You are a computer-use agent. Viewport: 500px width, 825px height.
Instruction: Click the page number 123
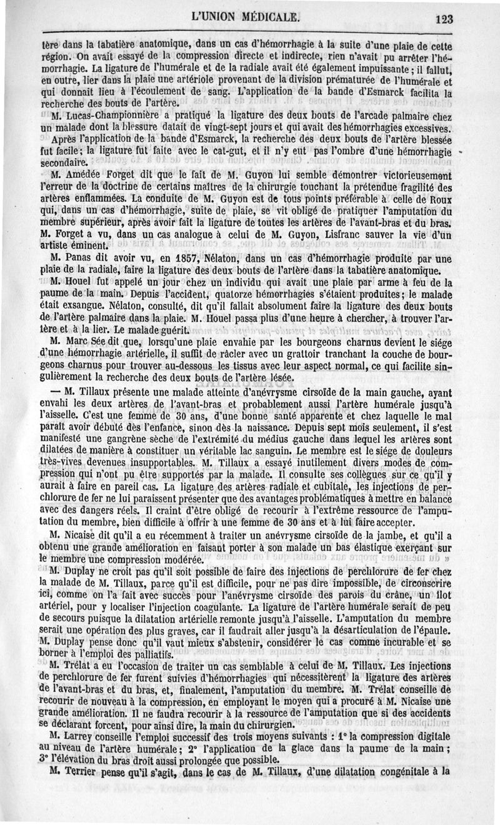[x=444, y=18]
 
